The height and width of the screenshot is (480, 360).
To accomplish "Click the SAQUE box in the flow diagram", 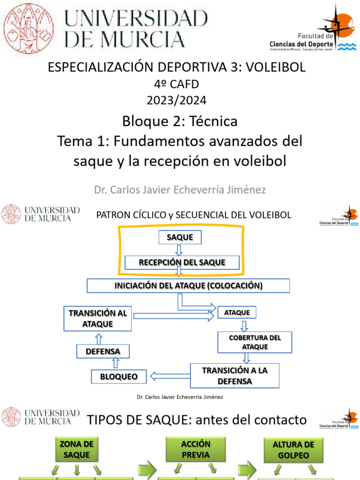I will tap(180, 238).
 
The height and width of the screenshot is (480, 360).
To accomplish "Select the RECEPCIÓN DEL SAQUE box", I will tap(182, 262).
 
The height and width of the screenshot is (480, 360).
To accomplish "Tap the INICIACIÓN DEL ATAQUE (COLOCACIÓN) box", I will tap(188, 285).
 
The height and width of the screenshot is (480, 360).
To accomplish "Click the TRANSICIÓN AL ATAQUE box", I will tap(98, 318).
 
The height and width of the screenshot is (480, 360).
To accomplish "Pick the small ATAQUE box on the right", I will tap(237, 312).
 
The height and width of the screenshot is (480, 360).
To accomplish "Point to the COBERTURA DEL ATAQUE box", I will tap(255, 342).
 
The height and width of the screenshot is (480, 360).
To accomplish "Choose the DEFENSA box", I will tap(103, 351).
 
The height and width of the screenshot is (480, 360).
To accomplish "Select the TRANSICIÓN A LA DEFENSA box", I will tap(234, 375).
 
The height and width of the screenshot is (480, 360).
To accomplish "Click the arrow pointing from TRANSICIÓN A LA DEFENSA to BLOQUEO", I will tap(169, 375).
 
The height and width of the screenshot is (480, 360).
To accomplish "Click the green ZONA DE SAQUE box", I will tap(76, 449).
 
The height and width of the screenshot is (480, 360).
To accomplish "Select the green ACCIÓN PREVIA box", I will tap(196, 449).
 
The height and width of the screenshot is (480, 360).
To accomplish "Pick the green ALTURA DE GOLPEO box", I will tap(293, 450).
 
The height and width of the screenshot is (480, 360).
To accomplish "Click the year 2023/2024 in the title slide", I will tap(176, 100).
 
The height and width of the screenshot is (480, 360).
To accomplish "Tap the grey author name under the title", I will tap(180, 190).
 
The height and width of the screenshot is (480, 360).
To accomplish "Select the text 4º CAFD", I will tap(176, 84).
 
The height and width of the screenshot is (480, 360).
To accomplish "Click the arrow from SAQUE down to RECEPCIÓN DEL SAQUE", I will tap(179, 250).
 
